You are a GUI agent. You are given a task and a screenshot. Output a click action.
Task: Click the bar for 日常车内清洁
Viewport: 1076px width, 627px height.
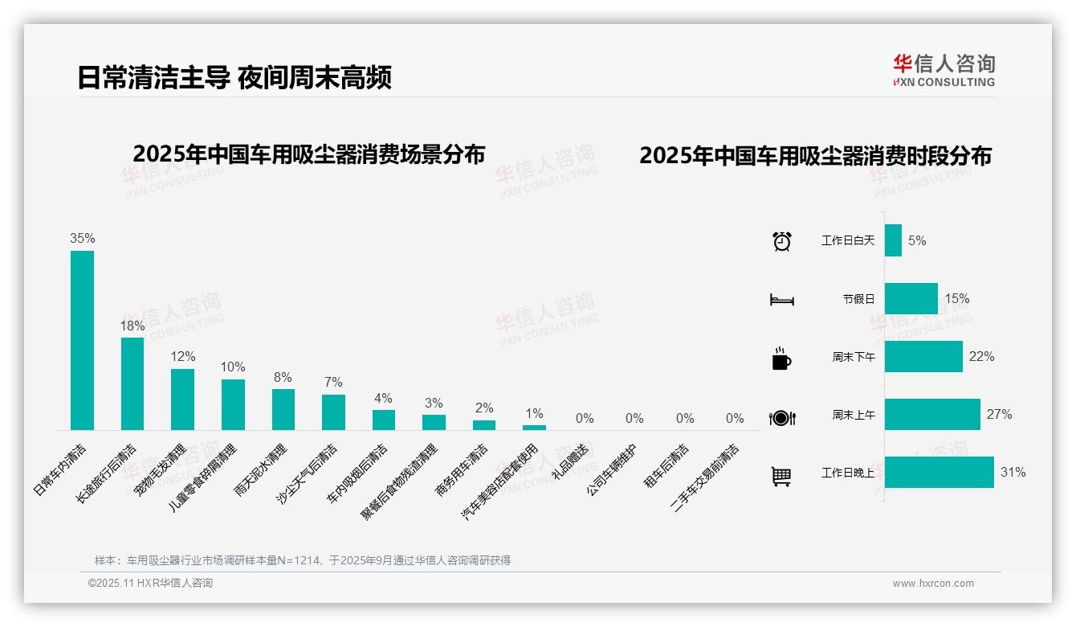click(82, 340)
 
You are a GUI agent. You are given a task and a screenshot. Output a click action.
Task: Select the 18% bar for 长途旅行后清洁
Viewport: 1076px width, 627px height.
click(132, 383)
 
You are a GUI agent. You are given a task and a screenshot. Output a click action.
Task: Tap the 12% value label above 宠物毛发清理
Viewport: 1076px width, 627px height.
click(183, 356)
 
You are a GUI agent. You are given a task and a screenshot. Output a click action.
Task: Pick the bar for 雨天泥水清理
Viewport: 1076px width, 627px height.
click(283, 409)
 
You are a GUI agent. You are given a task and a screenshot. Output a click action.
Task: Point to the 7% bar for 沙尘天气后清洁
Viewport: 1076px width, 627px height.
click(333, 412)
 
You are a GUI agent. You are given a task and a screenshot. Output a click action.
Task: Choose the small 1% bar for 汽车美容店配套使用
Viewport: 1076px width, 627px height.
click(534, 428)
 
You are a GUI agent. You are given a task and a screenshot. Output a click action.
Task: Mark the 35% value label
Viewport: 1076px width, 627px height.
click(82, 238)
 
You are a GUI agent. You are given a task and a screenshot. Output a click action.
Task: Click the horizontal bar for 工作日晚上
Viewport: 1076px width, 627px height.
click(939, 472)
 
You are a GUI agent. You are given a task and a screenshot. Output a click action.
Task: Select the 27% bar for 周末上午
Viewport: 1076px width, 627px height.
click(932, 414)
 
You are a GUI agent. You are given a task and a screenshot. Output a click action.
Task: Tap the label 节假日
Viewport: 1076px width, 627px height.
click(858, 299)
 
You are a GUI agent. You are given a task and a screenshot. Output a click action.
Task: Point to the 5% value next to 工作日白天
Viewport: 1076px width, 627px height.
click(916, 240)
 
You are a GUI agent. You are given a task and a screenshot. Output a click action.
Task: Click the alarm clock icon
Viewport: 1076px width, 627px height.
click(781, 240)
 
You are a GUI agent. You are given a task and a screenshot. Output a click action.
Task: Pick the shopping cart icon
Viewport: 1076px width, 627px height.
click(781, 477)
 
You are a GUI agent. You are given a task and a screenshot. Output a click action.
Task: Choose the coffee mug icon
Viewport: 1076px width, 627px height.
click(781, 359)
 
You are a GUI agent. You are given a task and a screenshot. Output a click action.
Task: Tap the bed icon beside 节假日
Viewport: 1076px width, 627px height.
click(781, 300)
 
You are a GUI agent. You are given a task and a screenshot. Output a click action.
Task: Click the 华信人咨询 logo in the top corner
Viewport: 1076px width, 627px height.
click(944, 70)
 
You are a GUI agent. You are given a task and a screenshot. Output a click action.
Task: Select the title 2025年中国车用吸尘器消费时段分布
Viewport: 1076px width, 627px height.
click(815, 156)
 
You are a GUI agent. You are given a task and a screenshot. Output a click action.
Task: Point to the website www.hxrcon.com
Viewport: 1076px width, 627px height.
click(932, 584)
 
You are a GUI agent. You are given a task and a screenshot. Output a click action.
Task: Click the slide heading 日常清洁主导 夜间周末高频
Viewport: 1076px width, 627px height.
click(234, 78)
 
